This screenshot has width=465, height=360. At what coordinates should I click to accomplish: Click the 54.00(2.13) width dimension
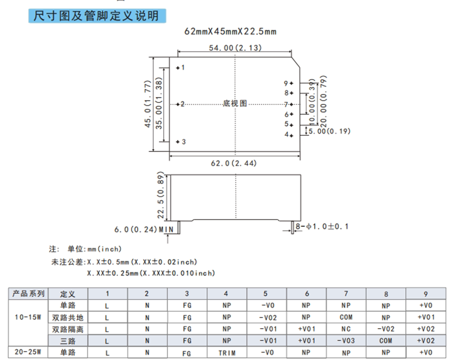pos(236,48)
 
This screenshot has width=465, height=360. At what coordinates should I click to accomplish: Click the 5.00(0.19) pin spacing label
pos(329,131)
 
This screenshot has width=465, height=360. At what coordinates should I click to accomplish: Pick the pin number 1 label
pos(183,67)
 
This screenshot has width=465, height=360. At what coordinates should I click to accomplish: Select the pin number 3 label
pos(183,142)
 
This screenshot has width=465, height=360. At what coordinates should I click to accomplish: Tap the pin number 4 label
pos(286,134)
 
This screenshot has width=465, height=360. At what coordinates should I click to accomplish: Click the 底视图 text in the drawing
pos(235,103)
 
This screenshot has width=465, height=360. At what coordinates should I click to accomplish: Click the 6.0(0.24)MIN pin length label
pos(144,229)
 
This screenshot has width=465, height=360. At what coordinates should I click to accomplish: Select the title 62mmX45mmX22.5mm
pos(230,31)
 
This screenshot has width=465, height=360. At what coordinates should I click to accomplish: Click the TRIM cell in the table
pos(226,353)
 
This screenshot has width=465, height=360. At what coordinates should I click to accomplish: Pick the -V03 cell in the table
pos(346,340)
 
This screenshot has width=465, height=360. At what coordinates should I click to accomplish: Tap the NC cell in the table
pos(346,329)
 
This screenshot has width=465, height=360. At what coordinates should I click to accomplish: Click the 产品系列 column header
pos(29,294)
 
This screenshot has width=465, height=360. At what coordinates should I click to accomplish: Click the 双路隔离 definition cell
pos(67,329)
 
